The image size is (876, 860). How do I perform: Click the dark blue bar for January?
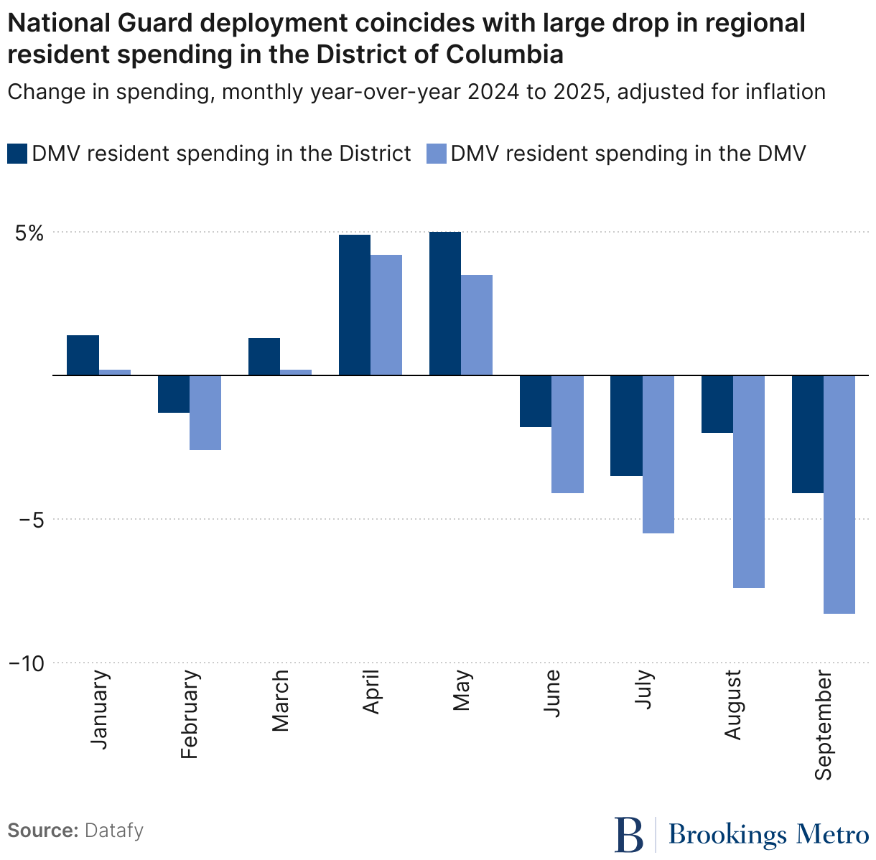[x=83, y=355]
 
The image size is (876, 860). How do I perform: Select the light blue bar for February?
[x=205, y=413]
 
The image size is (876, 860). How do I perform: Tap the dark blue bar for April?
[x=355, y=305]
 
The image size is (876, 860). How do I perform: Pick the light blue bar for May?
[x=477, y=325]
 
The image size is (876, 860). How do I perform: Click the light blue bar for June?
[x=568, y=434]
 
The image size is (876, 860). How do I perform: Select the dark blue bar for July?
[x=627, y=426]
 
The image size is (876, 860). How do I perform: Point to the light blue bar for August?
[x=749, y=482]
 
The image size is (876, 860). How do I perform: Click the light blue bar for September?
[x=839, y=495]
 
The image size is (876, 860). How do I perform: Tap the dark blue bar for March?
[x=264, y=357]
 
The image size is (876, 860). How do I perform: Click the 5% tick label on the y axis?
[x=27, y=233]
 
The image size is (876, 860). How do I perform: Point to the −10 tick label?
[x=27, y=664]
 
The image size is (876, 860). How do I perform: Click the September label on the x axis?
[x=823, y=726]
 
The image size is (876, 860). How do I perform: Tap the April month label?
[x=371, y=693]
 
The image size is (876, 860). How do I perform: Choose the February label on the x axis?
[x=190, y=714]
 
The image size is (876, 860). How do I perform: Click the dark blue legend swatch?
[x=17, y=154]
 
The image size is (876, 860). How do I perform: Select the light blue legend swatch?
[x=436, y=154]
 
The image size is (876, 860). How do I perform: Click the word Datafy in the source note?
[x=114, y=831]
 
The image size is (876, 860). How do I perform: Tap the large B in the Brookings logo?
[x=629, y=835]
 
